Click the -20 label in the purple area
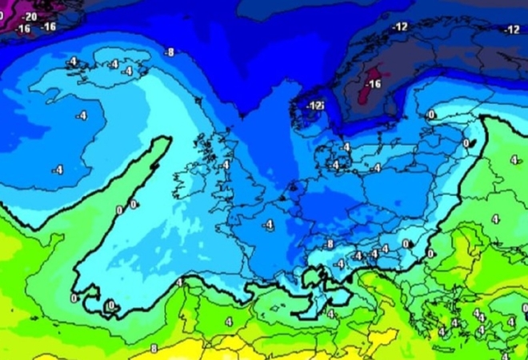pos(30,16)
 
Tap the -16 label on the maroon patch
pos(374,84)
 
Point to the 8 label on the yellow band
pos(154,349)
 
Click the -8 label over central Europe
pos(328,244)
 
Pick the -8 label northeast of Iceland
pos(168,53)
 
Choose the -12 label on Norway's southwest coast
pos(314,105)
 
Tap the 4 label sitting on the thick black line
pos(179,282)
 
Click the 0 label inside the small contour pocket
pos(110,305)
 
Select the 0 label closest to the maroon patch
pos(430,115)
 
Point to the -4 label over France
pos(268,224)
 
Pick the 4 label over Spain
pos(229,321)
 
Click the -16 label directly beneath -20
pos(22,28)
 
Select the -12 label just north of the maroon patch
pos(399,27)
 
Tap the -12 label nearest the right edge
pos(512,30)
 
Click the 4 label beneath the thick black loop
pos(330,314)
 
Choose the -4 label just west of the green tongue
pos(58,169)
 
